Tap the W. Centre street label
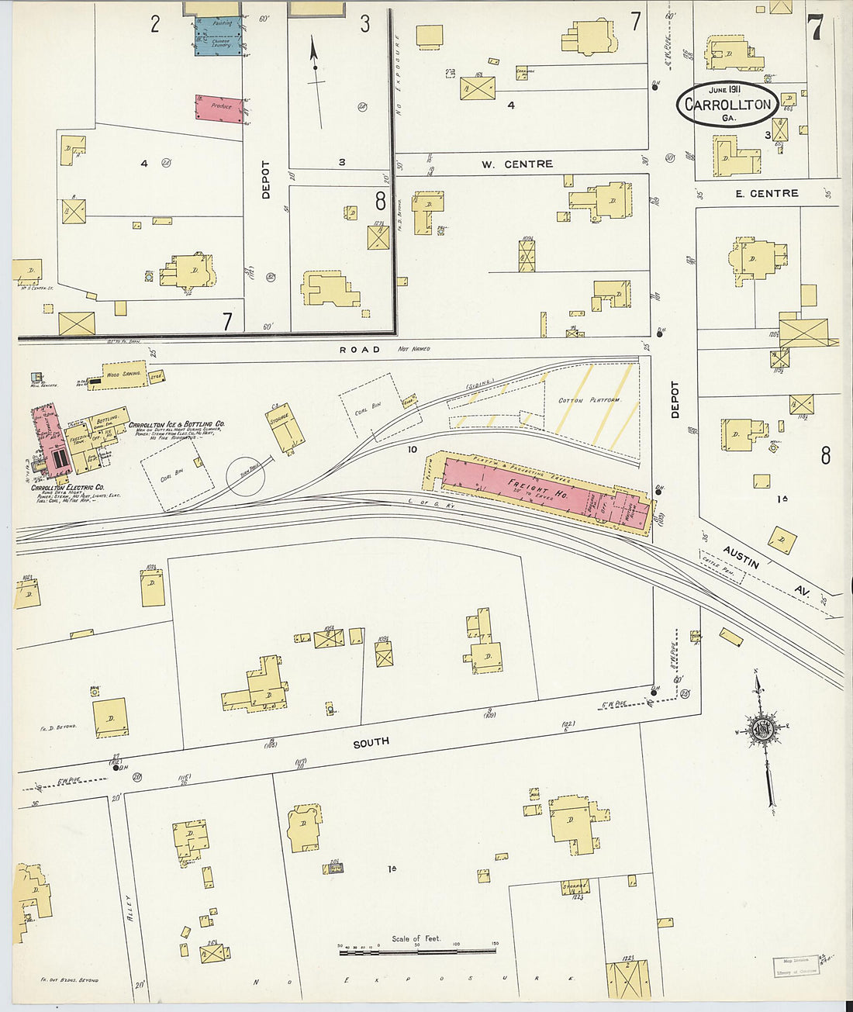pyautogui.click(x=517, y=164)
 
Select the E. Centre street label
pyautogui.click(x=767, y=193)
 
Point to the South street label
pyautogui.click(x=371, y=743)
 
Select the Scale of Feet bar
pyautogui.click(x=417, y=949)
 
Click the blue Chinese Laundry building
pyautogui.click(x=217, y=36)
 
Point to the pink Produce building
pyautogui.click(x=219, y=108)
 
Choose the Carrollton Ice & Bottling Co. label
pyautogui.click(x=177, y=425)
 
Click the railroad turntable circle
pyautogui.click(x=246, y=475)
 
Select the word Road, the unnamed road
pyautogui.click(x=360, y=350)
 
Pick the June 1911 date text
pyautogui.click(x=725, y=89)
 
